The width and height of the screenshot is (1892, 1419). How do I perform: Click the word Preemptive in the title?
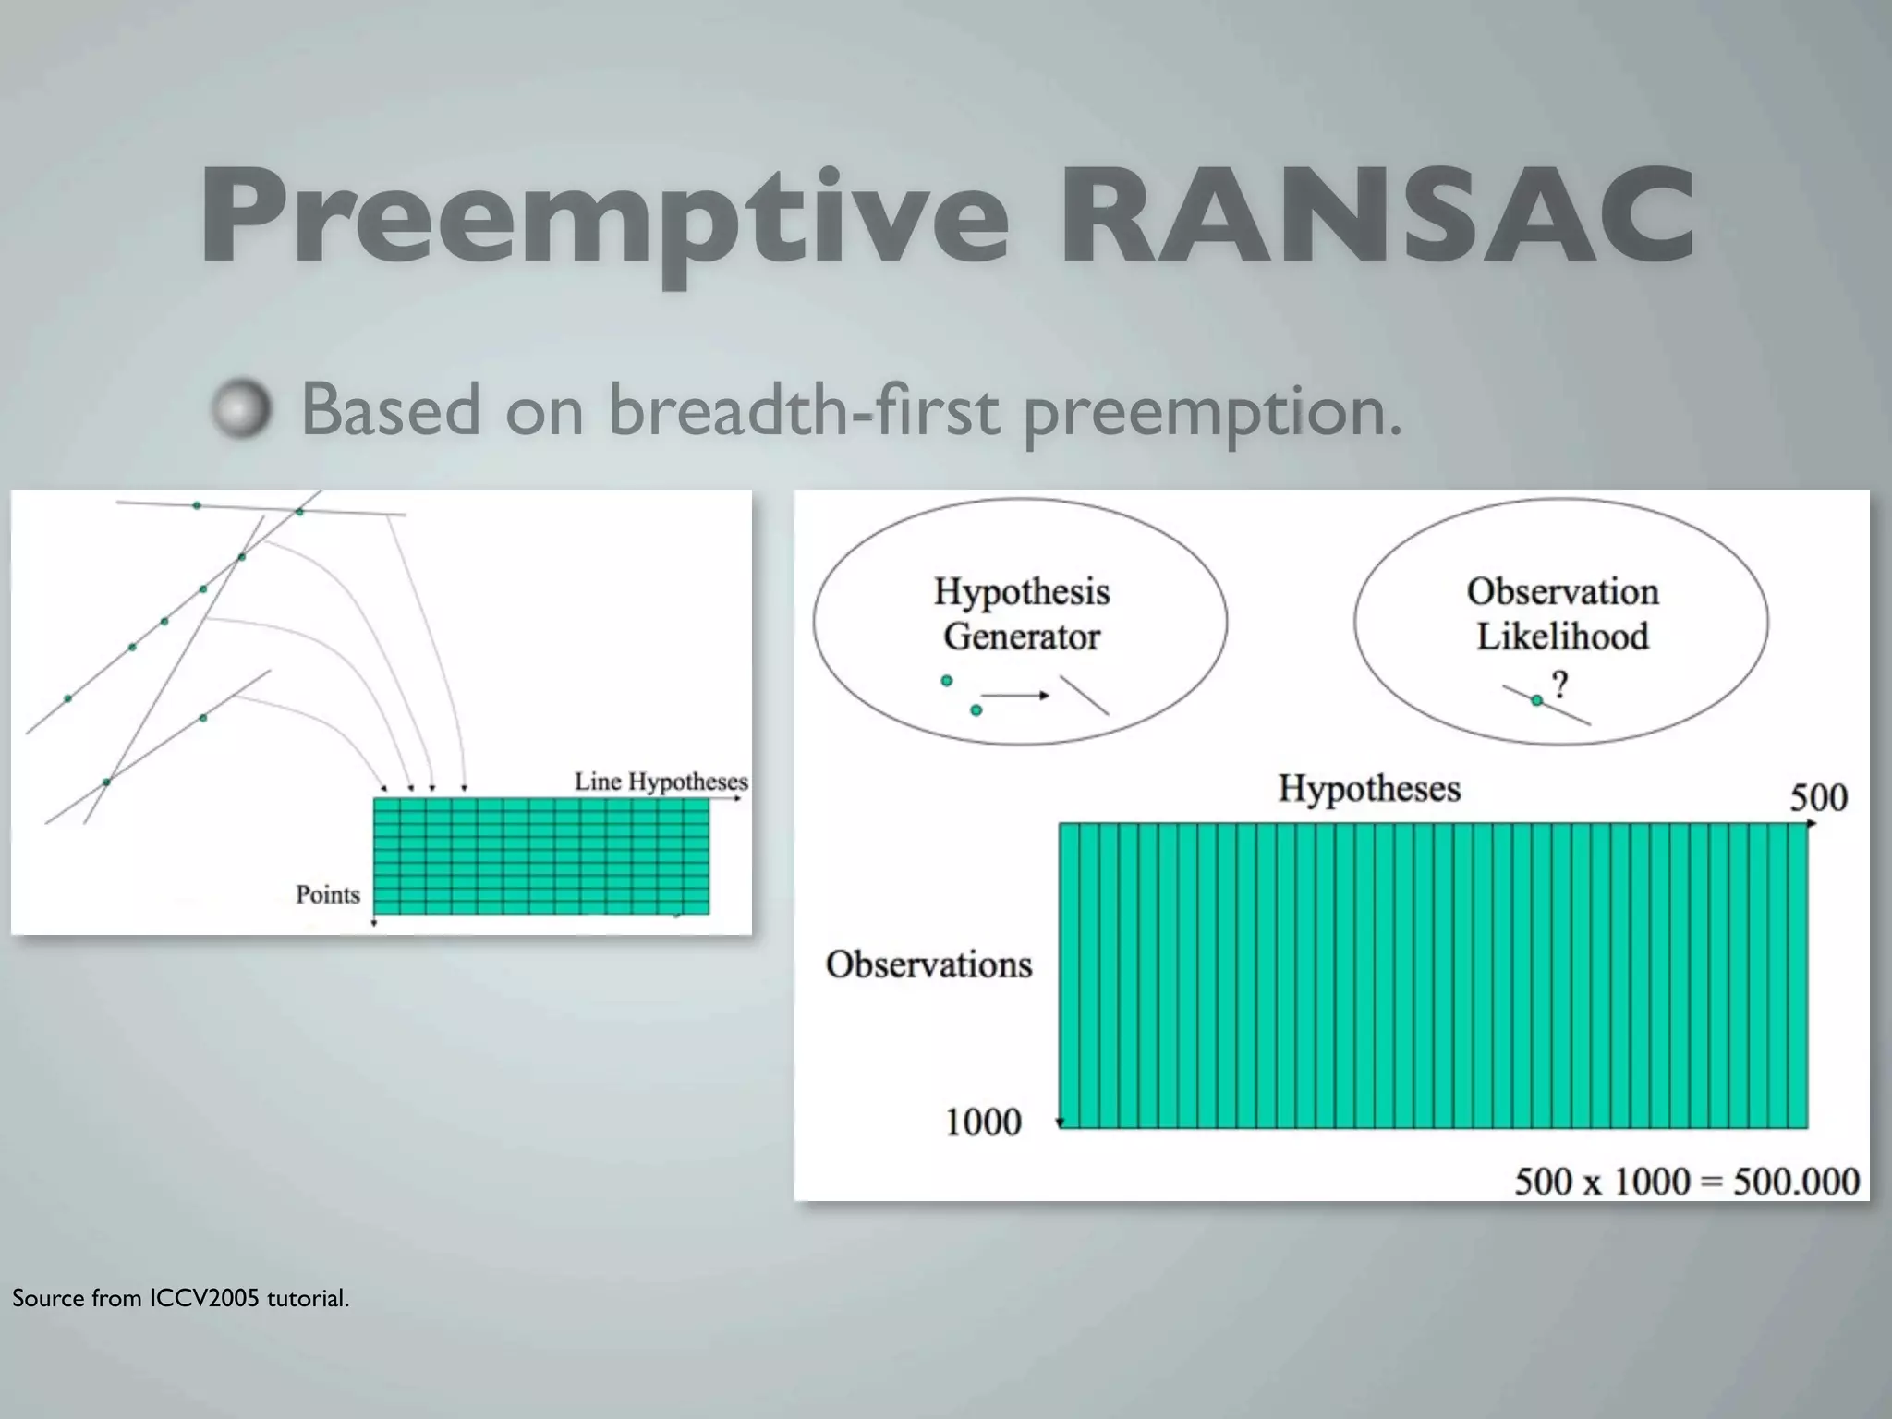click(605, 217)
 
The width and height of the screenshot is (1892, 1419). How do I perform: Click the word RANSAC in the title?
click(1377, 217)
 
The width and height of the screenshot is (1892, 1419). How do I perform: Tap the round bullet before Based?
click(242, 408)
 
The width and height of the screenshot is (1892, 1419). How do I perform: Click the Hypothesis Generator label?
click(1021, 613)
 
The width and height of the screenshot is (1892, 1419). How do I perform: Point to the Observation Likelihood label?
click(1562, 613)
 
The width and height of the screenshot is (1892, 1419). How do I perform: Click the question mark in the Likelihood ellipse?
click(1560, 685)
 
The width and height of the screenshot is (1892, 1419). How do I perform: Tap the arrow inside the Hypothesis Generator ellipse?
click(1014, 695)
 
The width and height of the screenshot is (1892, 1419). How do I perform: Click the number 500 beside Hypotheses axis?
click(1818, 797)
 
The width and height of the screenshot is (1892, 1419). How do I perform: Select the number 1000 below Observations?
click(983, 1122)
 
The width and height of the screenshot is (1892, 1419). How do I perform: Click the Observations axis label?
click(928, 964)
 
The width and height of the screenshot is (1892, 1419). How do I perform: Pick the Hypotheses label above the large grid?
click(1369, 789)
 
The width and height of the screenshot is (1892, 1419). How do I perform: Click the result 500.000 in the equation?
click(1796, 1182)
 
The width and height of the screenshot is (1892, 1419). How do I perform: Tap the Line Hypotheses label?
click(661, 782)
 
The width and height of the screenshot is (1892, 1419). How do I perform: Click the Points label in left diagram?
click(327, 894)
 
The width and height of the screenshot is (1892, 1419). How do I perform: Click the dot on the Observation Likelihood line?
click(1536, 701)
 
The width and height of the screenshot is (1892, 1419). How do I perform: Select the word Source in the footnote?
click(48, 1298)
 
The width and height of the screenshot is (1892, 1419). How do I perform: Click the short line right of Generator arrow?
click(1084, 696)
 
